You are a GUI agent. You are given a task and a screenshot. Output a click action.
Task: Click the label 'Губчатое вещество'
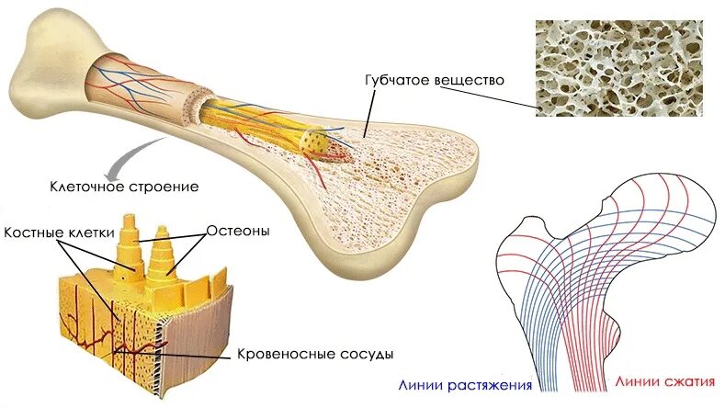[435, 80]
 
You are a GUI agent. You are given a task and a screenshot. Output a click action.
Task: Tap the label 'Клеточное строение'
[124, 187]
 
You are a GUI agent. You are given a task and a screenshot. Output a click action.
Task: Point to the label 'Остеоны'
[238, 231]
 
